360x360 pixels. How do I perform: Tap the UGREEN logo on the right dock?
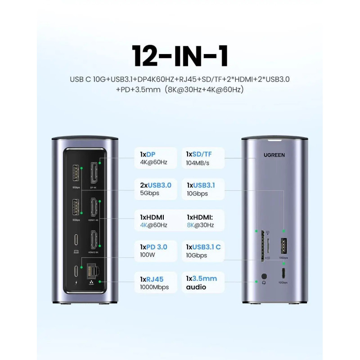coord(274,155)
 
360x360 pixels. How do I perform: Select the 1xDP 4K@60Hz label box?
coord(155,157)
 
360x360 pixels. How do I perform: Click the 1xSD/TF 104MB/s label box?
coord(202,157)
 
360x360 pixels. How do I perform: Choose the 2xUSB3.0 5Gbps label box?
coord(155,189)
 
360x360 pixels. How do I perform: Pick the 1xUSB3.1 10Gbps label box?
coord(202,189)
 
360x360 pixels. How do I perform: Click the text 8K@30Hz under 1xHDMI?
coord(200,225)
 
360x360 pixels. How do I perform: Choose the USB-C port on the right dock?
coord(284,273)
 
